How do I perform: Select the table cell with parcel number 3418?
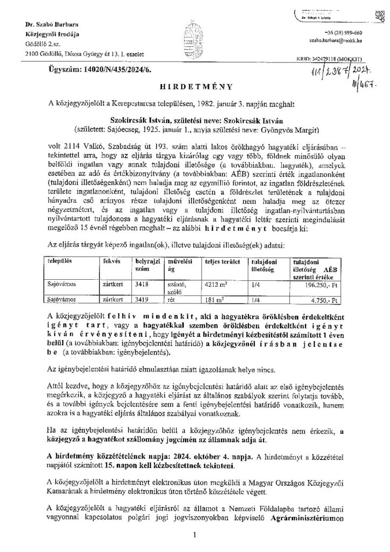[142, 286]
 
